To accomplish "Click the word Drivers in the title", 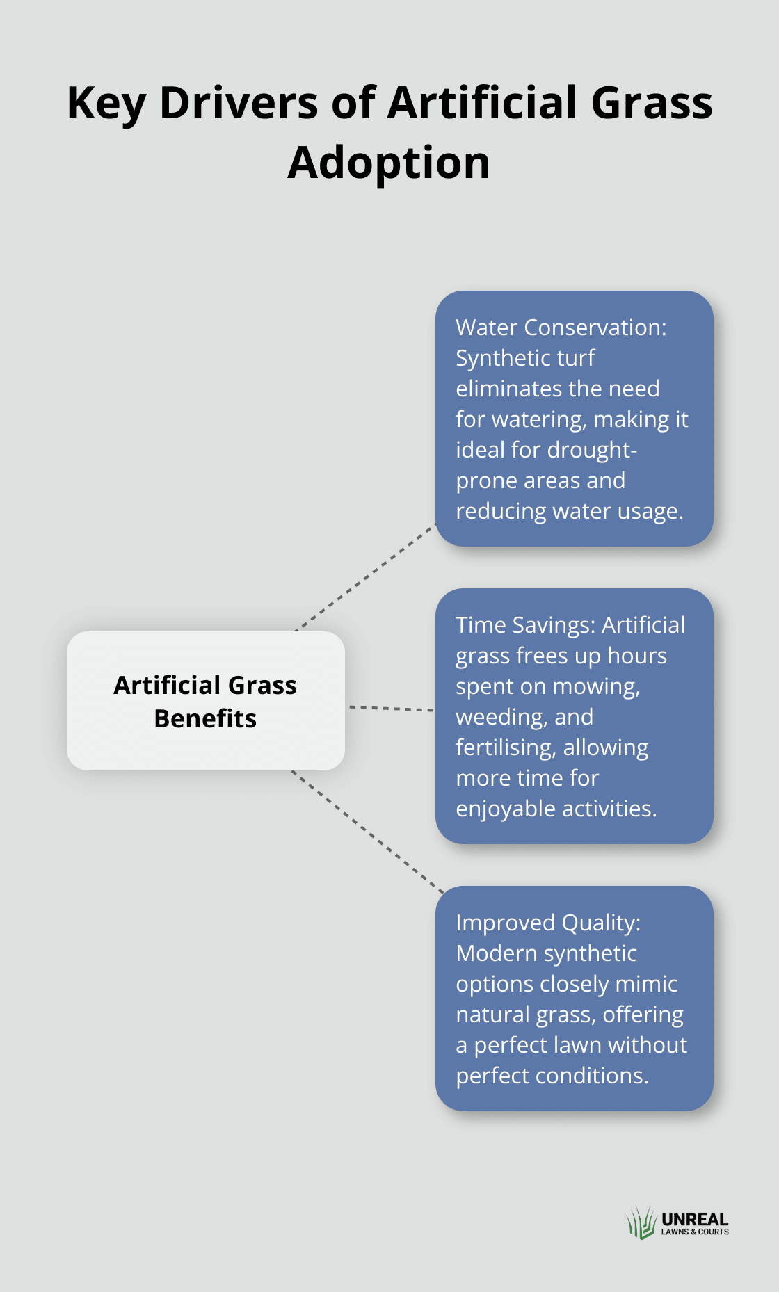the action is (240, 103).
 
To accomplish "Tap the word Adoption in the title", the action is (389, 164).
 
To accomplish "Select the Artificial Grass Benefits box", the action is (206, 701).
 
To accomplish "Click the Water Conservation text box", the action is (575, 419).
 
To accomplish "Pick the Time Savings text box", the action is (575, 716).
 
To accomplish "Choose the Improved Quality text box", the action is (575, 999).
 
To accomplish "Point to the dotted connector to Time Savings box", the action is (391, 709).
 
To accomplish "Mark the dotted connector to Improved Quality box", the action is (367, 831).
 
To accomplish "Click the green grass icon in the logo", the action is (641, 1222).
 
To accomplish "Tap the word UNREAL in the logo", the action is (695, 1219).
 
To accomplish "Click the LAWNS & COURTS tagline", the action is (695, 1232).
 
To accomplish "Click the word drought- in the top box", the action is (592, 450).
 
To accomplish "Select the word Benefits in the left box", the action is (205, 718).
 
